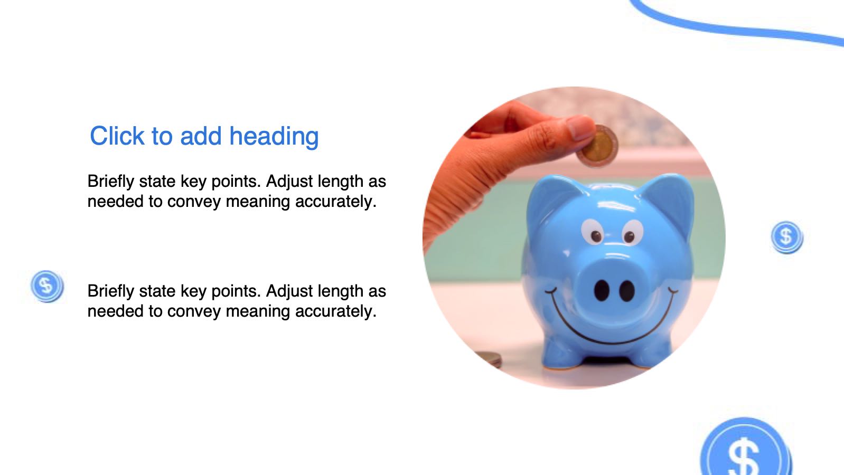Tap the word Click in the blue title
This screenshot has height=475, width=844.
(x=117, y=136)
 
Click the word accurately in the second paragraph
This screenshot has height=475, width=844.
(x=336, y=311)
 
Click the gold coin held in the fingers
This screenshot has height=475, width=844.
(x=599, y=147)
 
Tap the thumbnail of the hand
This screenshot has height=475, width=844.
(x=580, y=127)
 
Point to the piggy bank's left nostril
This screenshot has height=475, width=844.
(x=602, y=291)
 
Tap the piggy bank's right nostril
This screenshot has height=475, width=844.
(x=627, y=291)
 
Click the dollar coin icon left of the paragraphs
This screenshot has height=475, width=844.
(x=47, y=286)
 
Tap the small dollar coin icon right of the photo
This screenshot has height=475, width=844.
(x=787, y=237)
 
